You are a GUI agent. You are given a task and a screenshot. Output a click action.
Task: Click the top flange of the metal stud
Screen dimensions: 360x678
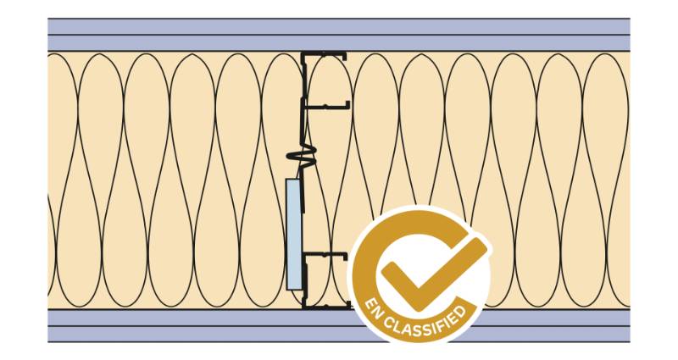326,56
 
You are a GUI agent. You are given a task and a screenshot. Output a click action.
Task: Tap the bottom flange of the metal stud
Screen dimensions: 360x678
326,306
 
